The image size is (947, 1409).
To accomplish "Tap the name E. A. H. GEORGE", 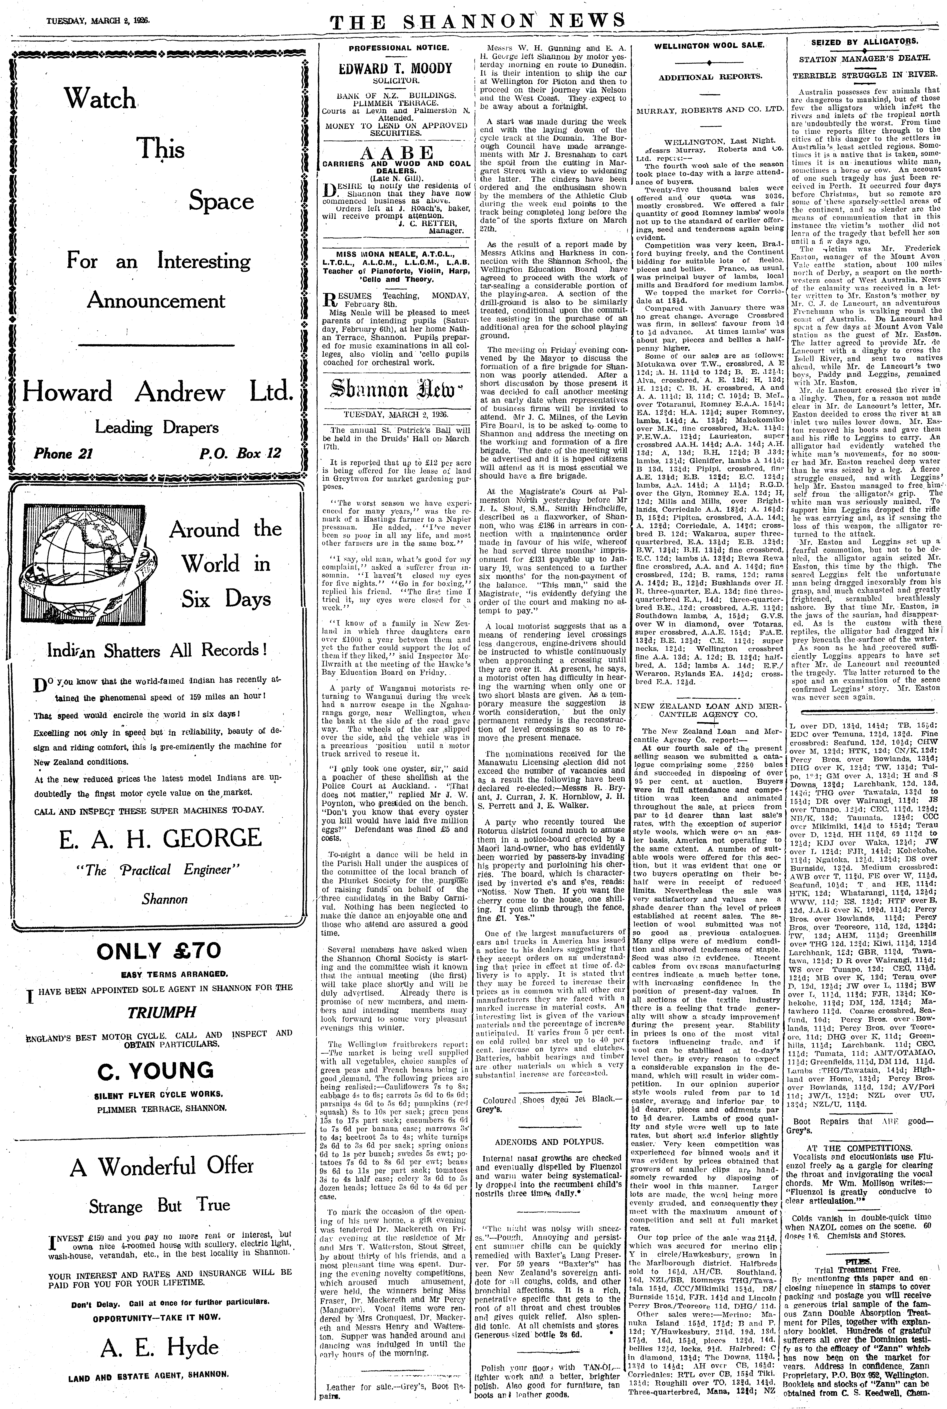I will [x=160, y=838].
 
